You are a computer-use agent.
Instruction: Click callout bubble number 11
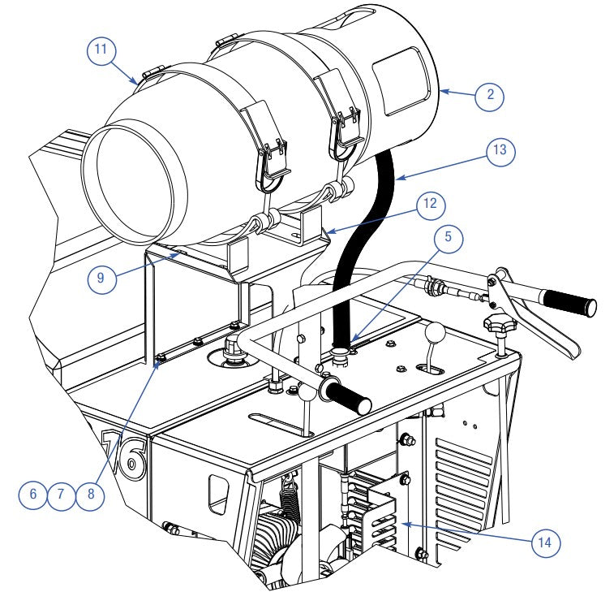[100, 51]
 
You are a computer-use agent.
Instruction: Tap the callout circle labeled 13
[500, 151]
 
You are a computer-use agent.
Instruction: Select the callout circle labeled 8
[101, 276]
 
